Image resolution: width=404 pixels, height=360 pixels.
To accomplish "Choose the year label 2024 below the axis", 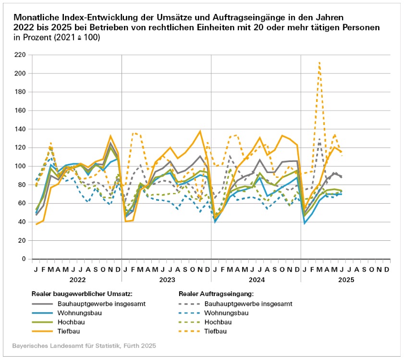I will coord(256,279).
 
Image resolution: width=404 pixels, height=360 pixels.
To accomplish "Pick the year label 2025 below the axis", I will coord(345,279).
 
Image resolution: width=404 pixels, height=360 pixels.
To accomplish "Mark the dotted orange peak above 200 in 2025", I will coord(319,62).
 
